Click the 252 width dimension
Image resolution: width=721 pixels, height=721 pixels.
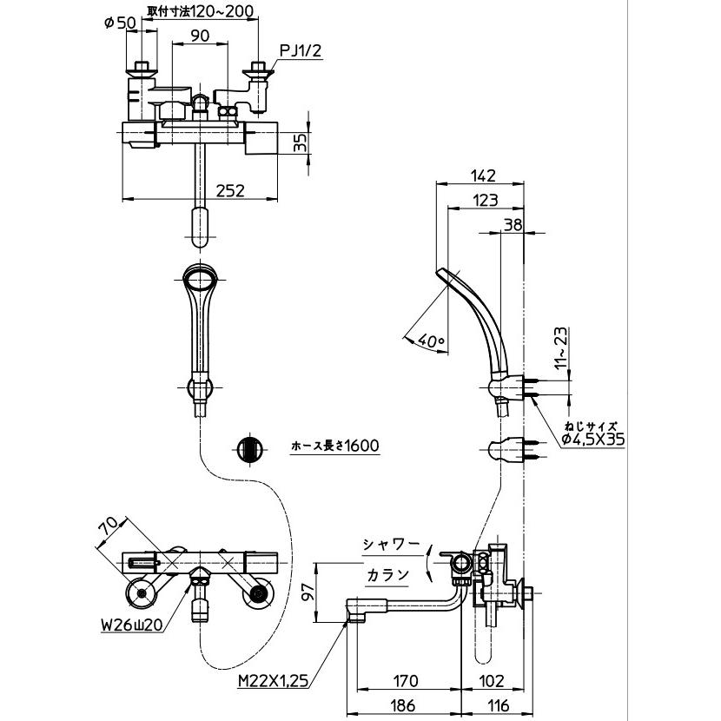point(231,190)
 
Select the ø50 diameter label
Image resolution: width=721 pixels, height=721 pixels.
point(121,23)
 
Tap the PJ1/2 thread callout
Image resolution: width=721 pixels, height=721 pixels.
point(301,50)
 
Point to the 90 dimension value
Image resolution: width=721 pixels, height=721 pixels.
point(200,35)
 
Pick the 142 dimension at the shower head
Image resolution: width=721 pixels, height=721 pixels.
point(483,175)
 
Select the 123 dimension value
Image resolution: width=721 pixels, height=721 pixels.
point(486,200)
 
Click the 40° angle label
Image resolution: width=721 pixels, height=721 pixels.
point(431,341)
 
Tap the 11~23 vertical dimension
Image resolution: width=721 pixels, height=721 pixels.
point(562,348)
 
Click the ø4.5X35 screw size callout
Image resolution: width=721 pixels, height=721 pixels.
point(593,440)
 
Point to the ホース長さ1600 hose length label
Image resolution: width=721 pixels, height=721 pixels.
point(335,445)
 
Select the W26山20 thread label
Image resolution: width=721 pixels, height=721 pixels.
point(132,625)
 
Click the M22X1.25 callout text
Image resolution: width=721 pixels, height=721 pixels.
point(273,680)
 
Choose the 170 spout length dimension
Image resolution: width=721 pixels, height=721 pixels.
point(405,680)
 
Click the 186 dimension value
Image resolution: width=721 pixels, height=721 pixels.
point(402,704)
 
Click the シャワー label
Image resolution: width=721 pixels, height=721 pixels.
point(391,545)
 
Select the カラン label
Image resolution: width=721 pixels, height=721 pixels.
point(387,574)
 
